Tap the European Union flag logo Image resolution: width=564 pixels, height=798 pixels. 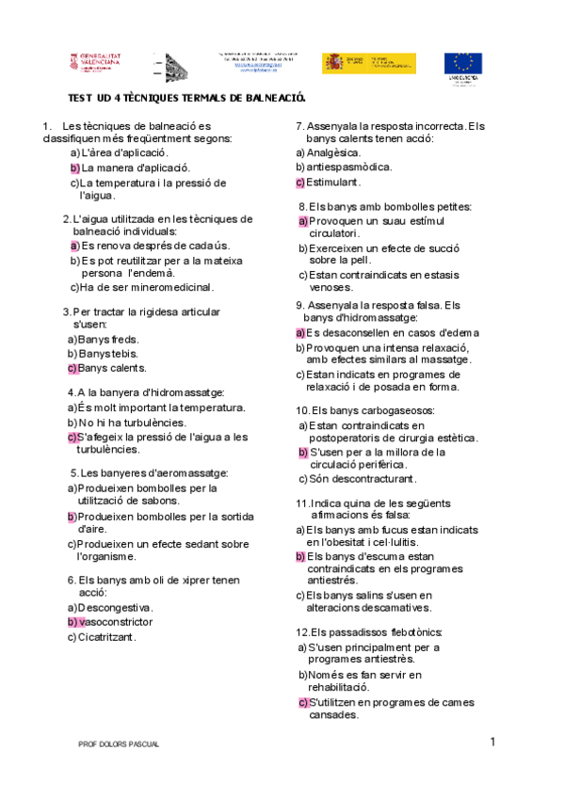pyautogui.click(x=463, y=64)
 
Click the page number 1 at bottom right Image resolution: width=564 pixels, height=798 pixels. pyautogui.click(x=491, y=742)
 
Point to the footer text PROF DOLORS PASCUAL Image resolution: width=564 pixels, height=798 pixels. pyautogui.click(x=119, y=744)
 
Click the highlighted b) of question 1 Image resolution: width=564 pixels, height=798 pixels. pyautogui.click(x=74, y=168)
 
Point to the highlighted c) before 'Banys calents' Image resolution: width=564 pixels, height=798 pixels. pyautogui.click(x=72, y=368)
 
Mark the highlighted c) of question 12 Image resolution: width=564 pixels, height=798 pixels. pyautogui.click(x=303, y=702)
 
